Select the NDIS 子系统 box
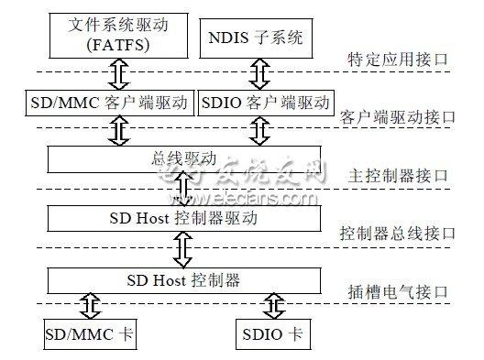(256, 38)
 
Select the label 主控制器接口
(404, 176)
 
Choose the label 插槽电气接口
(404, 292)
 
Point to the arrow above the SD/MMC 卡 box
(88, 304)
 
